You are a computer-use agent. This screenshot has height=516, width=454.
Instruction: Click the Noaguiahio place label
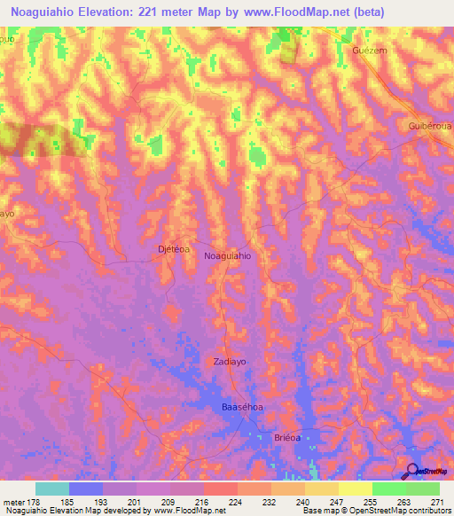point(228,255)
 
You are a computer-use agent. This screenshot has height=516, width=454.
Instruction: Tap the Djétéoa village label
point(173,250)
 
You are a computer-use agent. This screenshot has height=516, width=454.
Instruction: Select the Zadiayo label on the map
point(229,362)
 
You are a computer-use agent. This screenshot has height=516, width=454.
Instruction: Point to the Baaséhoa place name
point(242,407)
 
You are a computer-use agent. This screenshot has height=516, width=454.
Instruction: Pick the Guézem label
point(370,51)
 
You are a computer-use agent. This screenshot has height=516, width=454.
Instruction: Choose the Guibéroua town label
point(430,125)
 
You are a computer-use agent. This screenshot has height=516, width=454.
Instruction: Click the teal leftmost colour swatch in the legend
point(52,489)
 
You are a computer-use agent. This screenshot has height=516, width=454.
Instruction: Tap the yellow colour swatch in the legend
point(356,489)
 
